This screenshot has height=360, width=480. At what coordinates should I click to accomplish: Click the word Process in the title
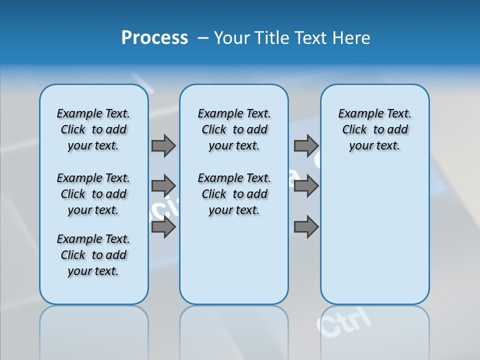[154, 38]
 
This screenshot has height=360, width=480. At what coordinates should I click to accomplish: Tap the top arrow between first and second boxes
[163, 146]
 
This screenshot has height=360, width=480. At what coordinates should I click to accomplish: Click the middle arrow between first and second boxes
[163, 186]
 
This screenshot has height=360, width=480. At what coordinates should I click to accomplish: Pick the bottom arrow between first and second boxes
[163, 227]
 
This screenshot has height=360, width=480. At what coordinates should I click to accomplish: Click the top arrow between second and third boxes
[306, 146]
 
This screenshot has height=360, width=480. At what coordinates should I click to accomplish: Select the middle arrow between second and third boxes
[306, 186]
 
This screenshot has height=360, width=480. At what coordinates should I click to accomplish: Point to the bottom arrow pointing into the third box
[306, 227]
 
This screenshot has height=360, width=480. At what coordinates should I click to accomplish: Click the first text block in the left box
[93, 129]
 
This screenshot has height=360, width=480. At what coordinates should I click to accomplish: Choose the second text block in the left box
[93, 194]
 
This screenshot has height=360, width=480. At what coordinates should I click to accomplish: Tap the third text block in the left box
[93, 255]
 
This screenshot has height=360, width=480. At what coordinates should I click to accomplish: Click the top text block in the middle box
[234, 129]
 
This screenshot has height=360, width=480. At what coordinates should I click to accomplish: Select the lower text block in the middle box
[234, 194]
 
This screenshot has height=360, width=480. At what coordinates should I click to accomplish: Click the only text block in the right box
[374, 129]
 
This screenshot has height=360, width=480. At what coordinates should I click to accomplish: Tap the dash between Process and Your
[203, 38]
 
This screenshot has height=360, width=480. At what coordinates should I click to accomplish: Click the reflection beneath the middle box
[234, 325]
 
